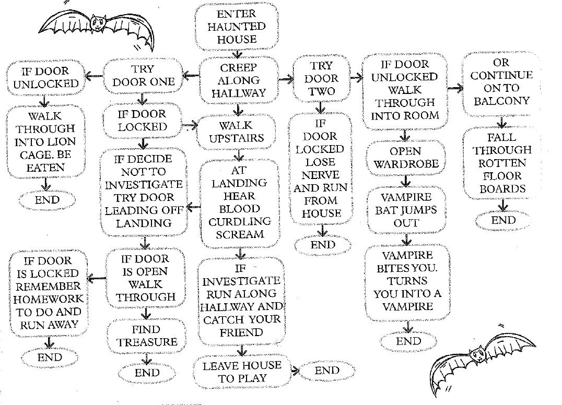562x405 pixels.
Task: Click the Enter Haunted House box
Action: pyautogui.click(x=236, y=26)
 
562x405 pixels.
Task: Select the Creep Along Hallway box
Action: pyautogui.click(x=238, y=80)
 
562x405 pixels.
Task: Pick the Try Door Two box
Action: pyautogui.click(x=321, y=79)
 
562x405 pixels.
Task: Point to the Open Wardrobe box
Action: pyautogui.click(x=405, y=158)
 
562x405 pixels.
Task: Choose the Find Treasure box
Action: pyautogui.click(x=147, y=336)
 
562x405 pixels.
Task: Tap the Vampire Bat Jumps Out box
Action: pyautogui.click(x=406, y=210)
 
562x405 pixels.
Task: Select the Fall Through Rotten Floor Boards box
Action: pyautogui.click(x=502, y=163)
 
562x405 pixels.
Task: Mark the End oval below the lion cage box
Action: pyautogui.click(x=46, y=199)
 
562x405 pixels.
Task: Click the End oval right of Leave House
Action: pyautogui.click(x=327, y=371)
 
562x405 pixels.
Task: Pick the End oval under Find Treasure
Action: pyautogui.click(x=147, y=373)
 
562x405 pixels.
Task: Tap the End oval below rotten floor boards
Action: pyautogui.click(x=503, y=220)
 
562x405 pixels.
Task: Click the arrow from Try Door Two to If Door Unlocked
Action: pyautogui.click(x=357, y=78)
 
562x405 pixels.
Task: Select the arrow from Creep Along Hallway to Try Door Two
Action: pyautogui.click(x=286, y=79)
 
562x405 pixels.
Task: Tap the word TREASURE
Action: pyautogui.click(x=147, y=342)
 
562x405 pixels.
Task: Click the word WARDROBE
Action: pyautogui.click(x=405, y=164)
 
